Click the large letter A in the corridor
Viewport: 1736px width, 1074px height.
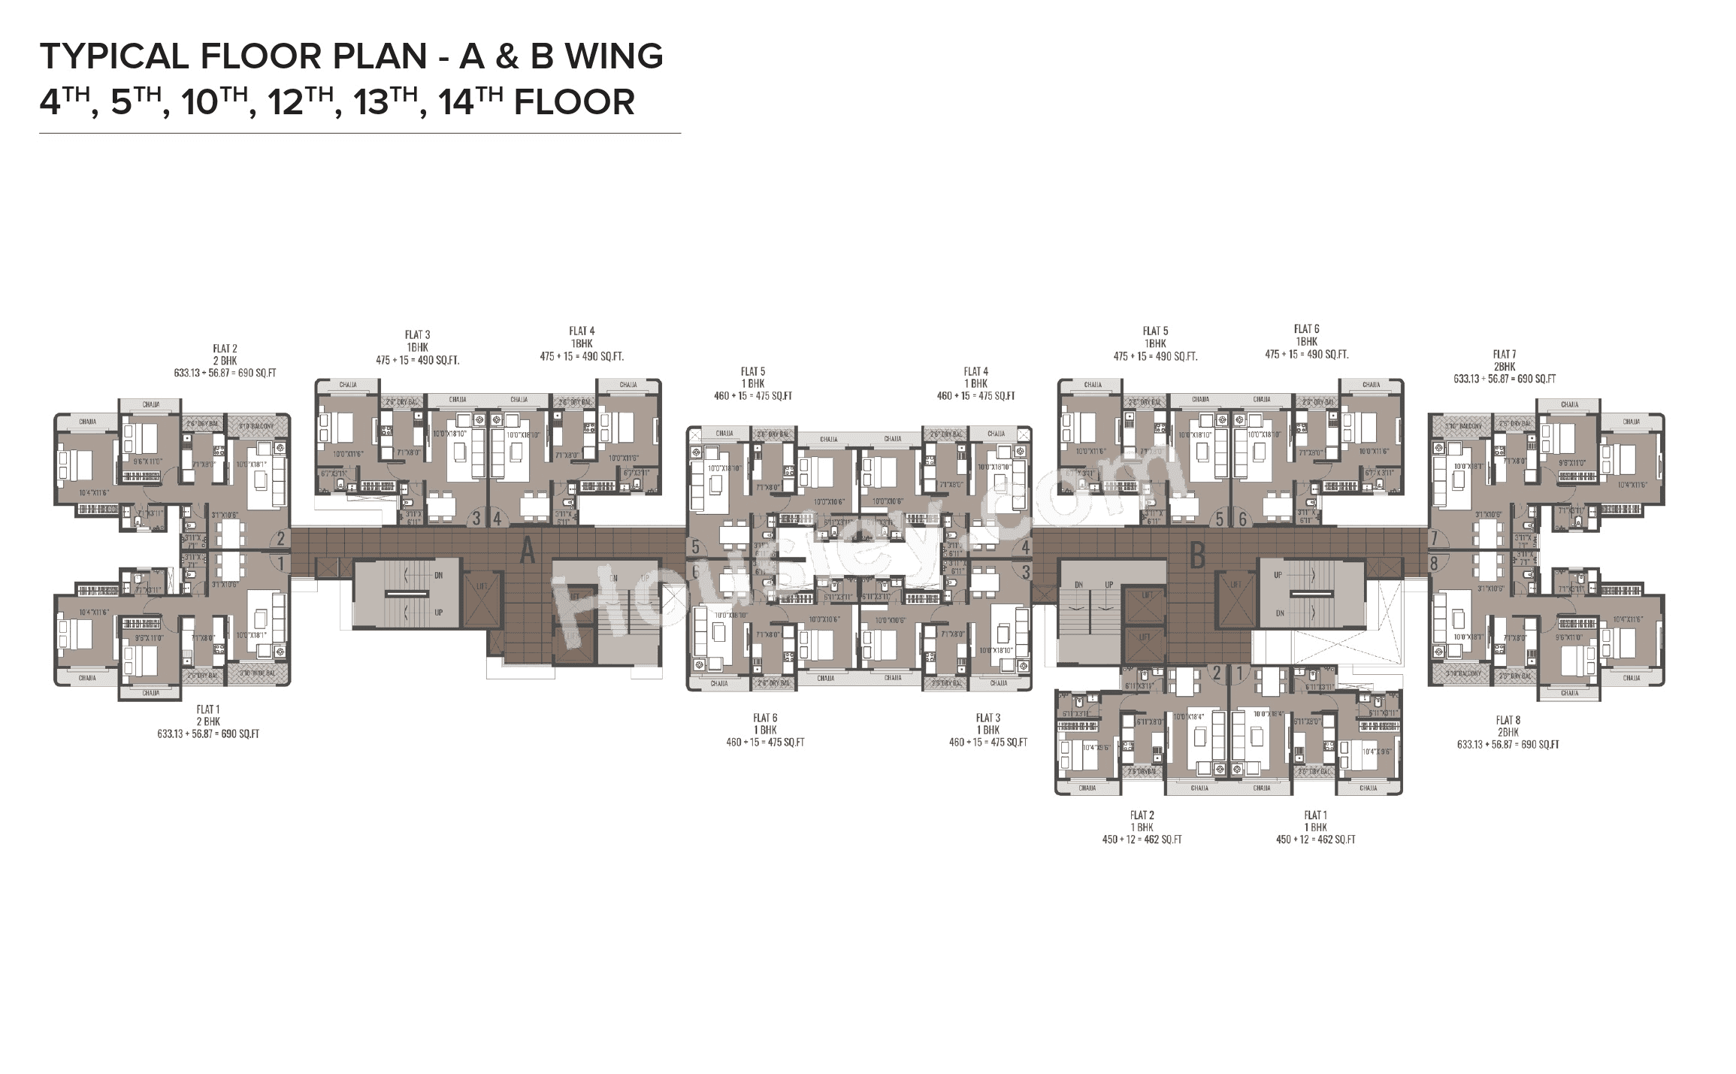528,552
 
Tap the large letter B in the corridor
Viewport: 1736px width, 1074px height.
1198,556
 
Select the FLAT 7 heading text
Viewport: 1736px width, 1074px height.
1504,354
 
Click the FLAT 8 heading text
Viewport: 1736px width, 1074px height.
1508,720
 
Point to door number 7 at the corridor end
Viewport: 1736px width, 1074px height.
1435,539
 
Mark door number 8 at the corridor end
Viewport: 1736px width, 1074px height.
1435,562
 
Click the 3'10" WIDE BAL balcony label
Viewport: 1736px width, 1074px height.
260,674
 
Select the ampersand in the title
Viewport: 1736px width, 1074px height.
508,56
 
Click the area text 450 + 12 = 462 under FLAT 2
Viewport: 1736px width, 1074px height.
1136,840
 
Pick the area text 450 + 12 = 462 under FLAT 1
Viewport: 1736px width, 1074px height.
1315,840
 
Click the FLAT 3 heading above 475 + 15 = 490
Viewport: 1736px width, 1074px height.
417,335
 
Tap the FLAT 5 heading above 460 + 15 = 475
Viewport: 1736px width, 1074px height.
752,371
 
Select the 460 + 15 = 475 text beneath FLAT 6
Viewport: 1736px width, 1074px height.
765,743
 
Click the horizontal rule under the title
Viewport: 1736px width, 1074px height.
359,134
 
